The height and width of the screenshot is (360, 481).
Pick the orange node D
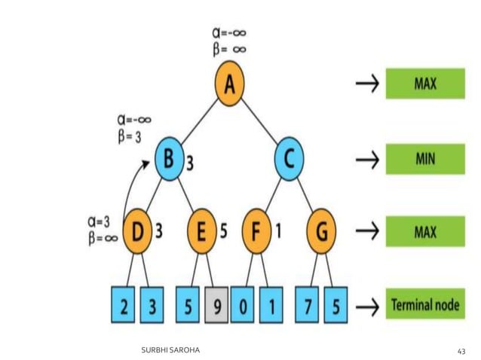pyautogui.click(x=137, y=230)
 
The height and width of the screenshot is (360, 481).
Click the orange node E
pyautogui.click(x=201, y=230)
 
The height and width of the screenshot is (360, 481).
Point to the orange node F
pyautogui.click(x=259, y=230)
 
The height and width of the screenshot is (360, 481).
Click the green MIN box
pyautogui.click(x=424, y=160)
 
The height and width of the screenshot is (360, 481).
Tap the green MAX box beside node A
pyautogui.click(x=424, y=83)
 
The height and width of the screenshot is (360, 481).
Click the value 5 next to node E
pyautogui.click(x=223, y=230)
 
